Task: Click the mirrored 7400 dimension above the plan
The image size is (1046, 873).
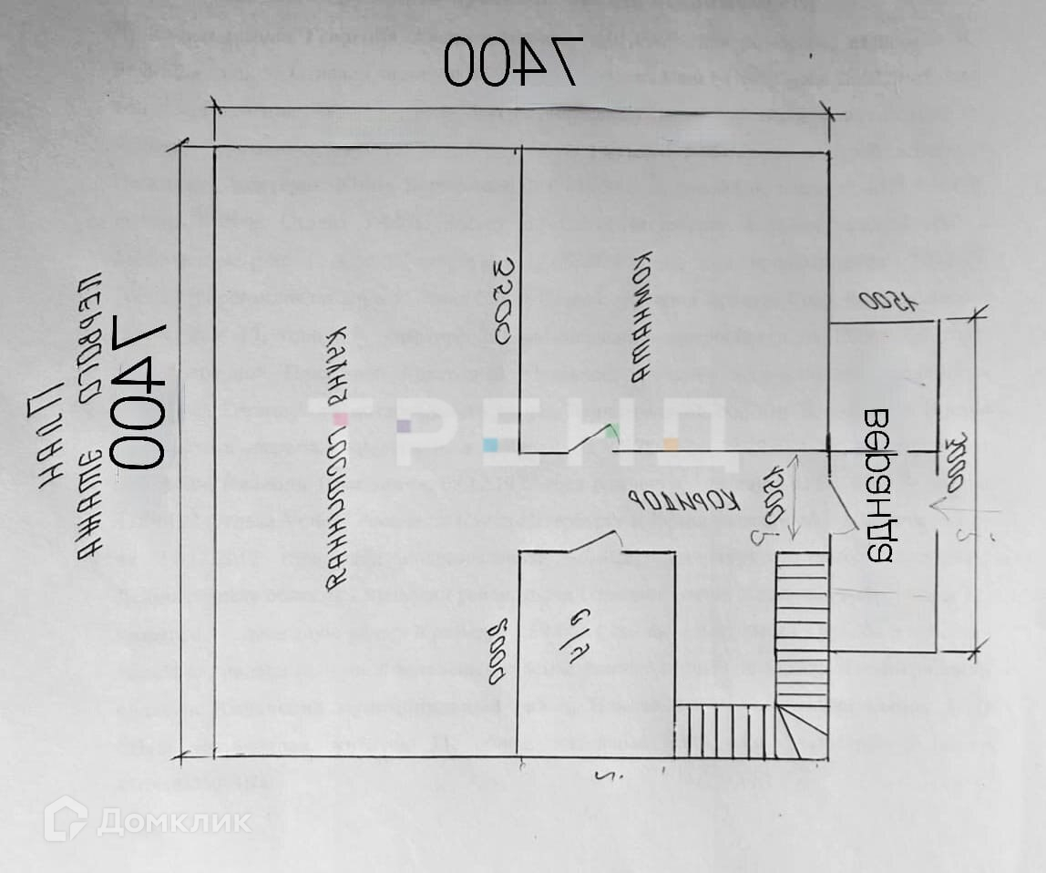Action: click(x=511, y=63)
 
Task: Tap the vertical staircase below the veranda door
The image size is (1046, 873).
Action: click(x=802, y=629)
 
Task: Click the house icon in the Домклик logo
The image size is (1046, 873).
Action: click(x=66, y=818)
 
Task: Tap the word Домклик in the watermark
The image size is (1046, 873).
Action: click(x=174, y=821)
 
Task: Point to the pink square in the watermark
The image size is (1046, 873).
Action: click(x=340, y=420)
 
